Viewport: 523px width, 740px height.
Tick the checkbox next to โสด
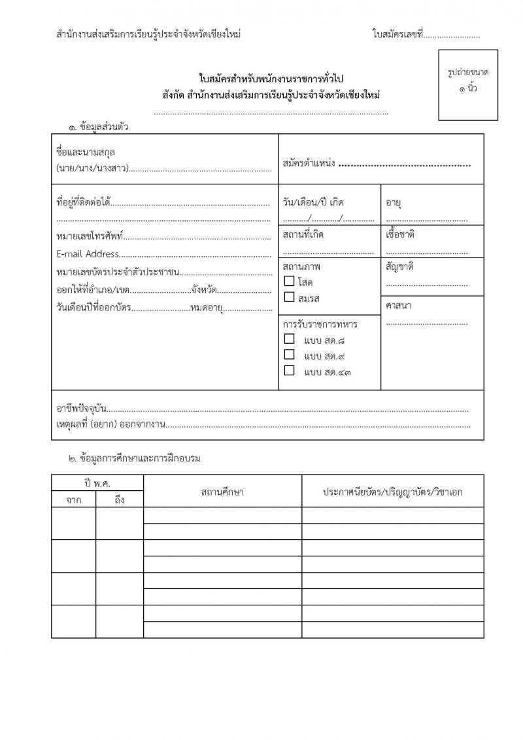click(289, 282)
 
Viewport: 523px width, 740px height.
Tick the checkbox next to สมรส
click(289, 297)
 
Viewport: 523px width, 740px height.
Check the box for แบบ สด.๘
click(289, 339)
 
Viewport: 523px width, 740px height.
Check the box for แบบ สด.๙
click(289, 355)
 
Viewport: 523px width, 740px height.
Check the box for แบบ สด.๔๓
click(289, 371)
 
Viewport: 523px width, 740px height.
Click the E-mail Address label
click(88, 254)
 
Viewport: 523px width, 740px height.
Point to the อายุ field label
click(393, 202)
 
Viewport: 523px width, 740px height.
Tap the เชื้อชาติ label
click(400, 234)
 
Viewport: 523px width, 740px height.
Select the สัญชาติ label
click(400, 266)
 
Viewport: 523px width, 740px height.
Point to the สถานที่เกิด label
click(303, 234)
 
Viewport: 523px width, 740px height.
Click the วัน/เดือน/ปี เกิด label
click(313, 202)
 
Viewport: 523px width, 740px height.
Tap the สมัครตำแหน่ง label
click(309, 163)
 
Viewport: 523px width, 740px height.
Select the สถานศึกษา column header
click(222, 492)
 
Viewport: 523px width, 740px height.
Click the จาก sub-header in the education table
click(73, 500)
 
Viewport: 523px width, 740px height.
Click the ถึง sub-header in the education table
click(120, 500)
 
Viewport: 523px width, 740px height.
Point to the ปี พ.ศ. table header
click(97, 483)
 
